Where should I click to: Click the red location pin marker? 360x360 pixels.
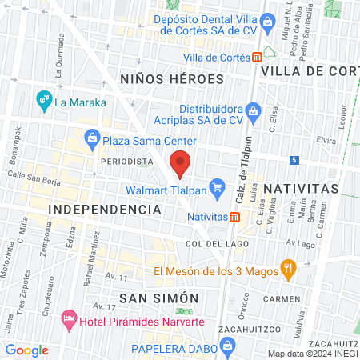pyautogui.click(x=181, y=162)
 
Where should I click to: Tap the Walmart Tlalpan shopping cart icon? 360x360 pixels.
pyautogui.click(x=216, y=190)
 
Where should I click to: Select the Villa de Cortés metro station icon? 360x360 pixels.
pyautogui.click(x=257, y=57)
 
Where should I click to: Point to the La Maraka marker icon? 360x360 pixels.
pyautogui.click(x=43, y=101)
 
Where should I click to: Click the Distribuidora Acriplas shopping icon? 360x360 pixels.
pyautogui.click(x=253, y=110)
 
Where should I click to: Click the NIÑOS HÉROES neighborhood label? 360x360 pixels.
pyautogui.click(x=165, y=78)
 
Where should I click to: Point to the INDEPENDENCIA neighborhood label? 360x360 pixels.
pyautogui.click(x=105, y=209)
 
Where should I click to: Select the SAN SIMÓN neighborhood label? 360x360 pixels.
pyautogui.click(x=158, y=298)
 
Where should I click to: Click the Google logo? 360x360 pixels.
pyautogui.click(x=27, y=350)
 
